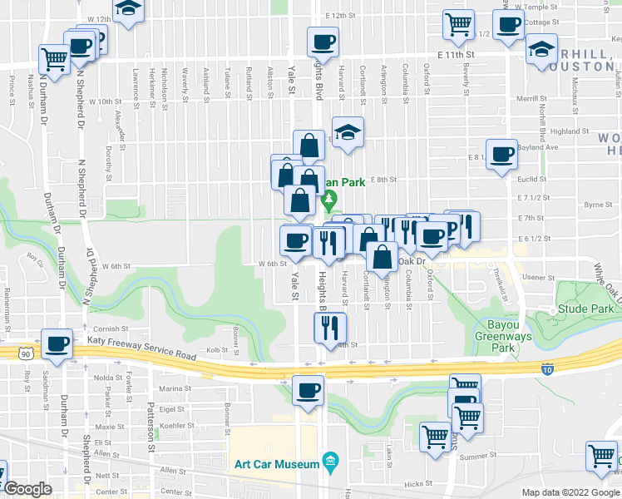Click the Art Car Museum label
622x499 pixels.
pyautogui.click(x=276, y=464)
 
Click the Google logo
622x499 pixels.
pyautogui.click(x=27, y=489)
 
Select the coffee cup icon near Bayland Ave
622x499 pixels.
pyautogui.click(x=501, y=154)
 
